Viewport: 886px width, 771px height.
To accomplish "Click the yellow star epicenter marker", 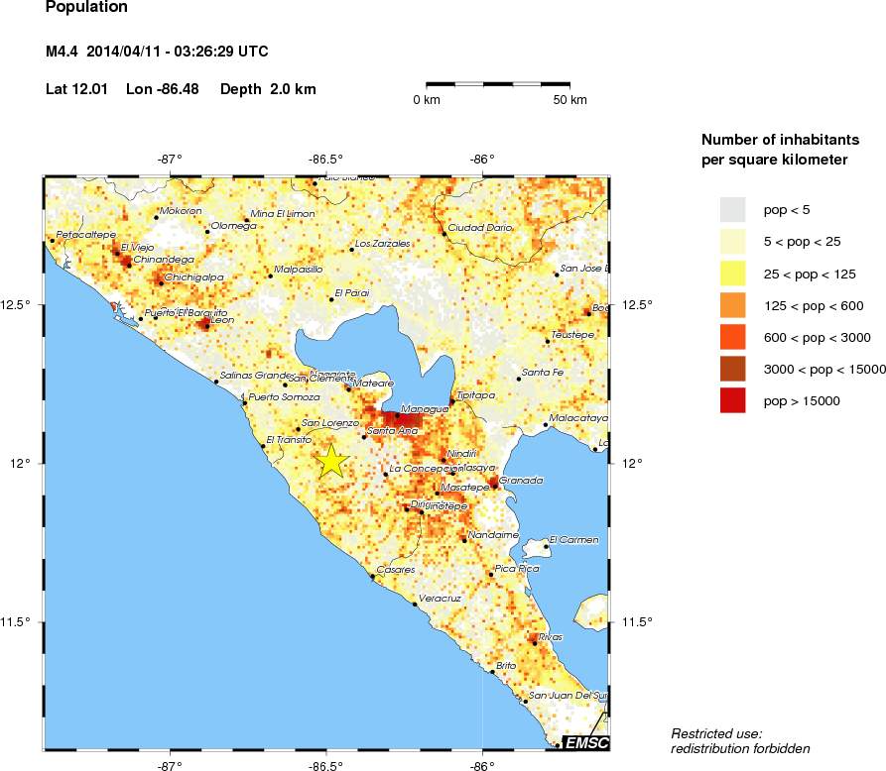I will tap(332, 462).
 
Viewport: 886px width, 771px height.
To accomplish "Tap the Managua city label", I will tap(424, 408).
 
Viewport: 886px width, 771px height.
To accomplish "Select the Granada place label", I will tap(521, 480).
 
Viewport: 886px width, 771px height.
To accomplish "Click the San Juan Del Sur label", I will tap(566, 695).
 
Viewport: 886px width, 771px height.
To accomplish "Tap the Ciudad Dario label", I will tap(480, 227).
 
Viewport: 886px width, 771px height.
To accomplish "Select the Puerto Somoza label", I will tap(284, 396).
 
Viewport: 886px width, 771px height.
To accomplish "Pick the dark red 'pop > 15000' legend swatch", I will tap(733, 400).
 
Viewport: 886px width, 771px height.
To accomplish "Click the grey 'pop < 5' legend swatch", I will tap(733, 208).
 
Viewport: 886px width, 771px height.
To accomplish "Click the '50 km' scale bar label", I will tap(570, 100).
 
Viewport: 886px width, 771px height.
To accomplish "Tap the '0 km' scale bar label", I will tap(427, 100).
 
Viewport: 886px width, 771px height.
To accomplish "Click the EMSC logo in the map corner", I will tap(585, 742).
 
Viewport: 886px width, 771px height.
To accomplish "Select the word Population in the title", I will tap(86, 7).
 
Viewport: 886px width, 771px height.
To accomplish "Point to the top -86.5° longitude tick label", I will tap(325, 159).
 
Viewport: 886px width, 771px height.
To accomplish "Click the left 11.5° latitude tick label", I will tap(19, 621).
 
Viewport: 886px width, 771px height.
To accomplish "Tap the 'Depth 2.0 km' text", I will tap(268, 89).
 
